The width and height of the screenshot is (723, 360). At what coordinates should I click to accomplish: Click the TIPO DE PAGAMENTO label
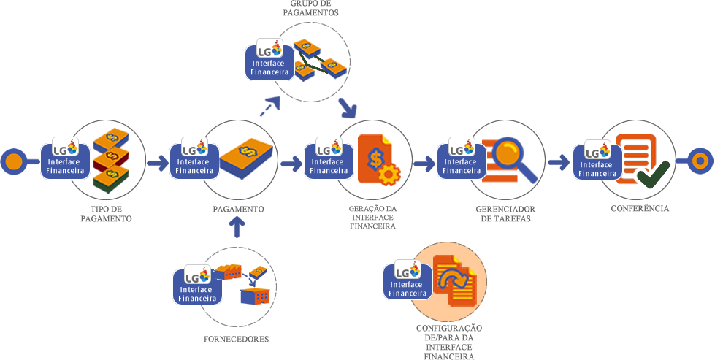click(105, 214)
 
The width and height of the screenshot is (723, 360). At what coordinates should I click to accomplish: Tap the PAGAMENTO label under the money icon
click(238, 209)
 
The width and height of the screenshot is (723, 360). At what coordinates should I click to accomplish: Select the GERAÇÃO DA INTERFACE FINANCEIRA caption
click(372, 218)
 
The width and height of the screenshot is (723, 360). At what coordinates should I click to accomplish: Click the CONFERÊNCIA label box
click(640, 209)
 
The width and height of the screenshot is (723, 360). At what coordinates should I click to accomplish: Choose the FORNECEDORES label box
click(236, 340)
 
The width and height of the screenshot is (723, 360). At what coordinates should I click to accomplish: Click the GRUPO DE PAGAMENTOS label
click(310, 9)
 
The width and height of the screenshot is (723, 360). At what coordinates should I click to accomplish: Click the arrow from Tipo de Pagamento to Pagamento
click(157, 163)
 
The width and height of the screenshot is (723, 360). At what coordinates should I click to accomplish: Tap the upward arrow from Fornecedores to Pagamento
click(237, 229)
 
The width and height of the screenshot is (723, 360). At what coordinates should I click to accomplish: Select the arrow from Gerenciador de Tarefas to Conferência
click(559, 161)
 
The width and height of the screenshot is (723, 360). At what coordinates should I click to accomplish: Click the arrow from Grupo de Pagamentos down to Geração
click(348, 109)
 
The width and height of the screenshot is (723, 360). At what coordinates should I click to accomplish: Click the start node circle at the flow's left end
click(14, 161)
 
